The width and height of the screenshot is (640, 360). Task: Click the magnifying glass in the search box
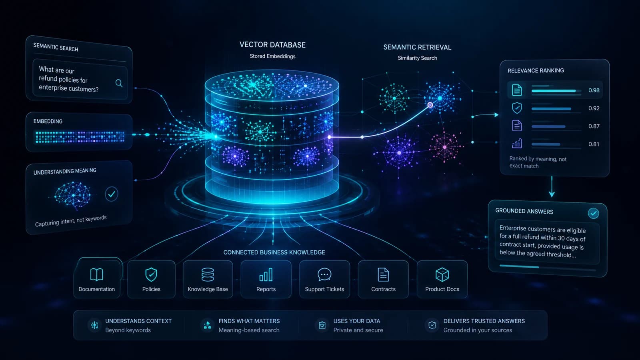click(119, 83)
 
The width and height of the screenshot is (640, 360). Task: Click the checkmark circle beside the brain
click(112, 194)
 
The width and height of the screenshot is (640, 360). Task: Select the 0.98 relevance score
click(594, 90)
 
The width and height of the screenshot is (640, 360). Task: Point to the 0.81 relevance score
click(594, 144)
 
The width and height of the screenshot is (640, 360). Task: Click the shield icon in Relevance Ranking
click(517, 108)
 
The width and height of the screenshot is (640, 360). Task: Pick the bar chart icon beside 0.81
click(517, 144)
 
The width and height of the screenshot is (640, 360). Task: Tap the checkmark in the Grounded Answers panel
click(594, 213)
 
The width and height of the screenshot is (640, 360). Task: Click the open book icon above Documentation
click(96, 274)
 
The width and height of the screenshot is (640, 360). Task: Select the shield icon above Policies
click(151, 274)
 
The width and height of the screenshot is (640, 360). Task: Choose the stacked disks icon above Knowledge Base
click(208, 274)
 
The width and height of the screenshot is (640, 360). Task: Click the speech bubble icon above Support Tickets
click(324, 274)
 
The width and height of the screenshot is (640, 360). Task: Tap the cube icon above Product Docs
click(442, 274)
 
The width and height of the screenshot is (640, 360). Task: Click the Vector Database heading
click(272, 45)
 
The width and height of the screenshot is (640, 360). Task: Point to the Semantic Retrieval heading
click(417, 48)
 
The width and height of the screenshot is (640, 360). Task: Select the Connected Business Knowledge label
click(274, 252)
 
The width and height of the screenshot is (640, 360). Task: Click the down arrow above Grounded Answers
click(552, 186)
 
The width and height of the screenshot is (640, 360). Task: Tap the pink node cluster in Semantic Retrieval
click(445, 147)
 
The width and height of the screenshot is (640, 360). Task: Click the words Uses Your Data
click(356, 321)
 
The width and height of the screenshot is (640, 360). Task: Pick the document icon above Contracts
click(383, 274)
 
